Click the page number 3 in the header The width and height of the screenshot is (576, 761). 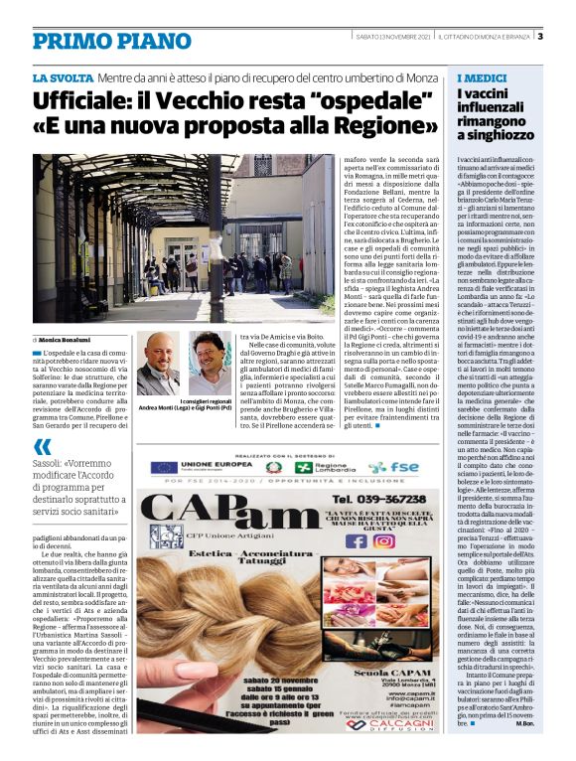tap(539, 38)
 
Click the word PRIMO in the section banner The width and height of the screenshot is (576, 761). tap(71, 41)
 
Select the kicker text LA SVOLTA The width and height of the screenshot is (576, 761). tap(63, 77)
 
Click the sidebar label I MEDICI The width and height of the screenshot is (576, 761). tap(478, 78)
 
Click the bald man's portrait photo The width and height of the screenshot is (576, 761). tap(157, 365)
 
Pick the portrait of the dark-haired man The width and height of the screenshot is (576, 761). tap(210, 363)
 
